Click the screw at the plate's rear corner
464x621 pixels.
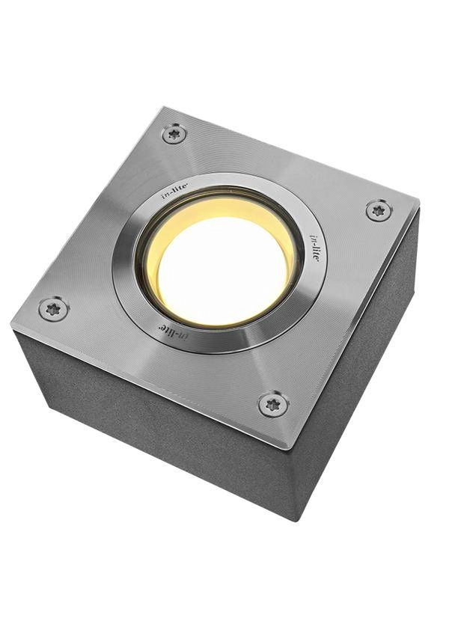tap(174, 134)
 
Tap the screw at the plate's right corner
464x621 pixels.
tap(379, 210)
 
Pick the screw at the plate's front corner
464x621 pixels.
tap(274, 404)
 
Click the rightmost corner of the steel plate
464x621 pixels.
tap(418, 203)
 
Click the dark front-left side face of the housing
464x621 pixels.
tap(150, 434)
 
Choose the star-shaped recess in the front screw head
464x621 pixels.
tap(274, 404)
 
